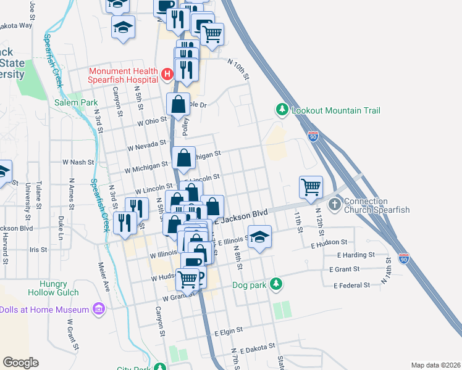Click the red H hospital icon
(x=166, y=75)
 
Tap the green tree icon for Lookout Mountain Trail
(x=282, y=110)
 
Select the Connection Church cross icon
(x=335, y=204)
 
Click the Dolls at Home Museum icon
(x=98, y=308)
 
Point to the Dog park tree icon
(x=277, y=284)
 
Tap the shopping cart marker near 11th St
(x=311, y=186)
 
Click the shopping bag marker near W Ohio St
(x=178, y=105)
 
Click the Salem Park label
(x=76, y=102)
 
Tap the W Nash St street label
(x=77, y=162)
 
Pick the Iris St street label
(x=38, y=250)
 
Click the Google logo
(x=20, y=362)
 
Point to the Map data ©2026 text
(x=435, y=365)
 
